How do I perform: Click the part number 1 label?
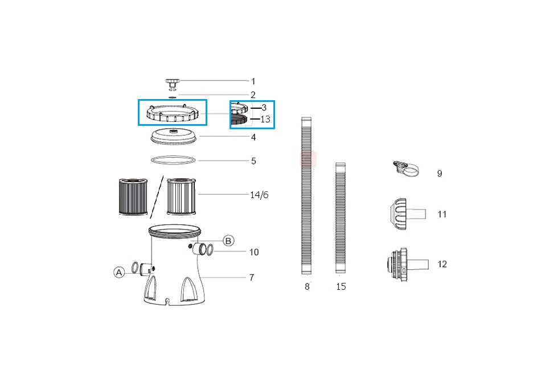(253, 81)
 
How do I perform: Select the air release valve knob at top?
(172, 84)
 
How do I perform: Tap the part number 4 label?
(253, 137)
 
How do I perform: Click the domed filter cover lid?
(173, 137)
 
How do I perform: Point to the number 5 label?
(253, 161)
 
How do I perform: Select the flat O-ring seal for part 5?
(173, 160)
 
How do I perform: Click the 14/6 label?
(259, 195)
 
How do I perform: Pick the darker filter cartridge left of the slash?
(133, 196)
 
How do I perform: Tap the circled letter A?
(119, 272)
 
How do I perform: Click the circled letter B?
(228, 241)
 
